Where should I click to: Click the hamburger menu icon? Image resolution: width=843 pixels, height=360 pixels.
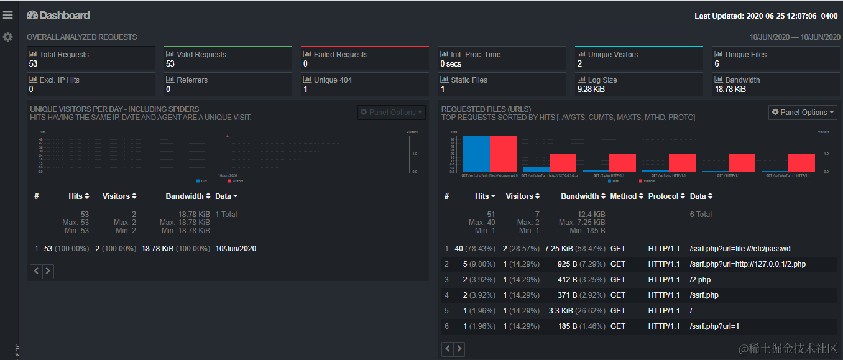(7, 15)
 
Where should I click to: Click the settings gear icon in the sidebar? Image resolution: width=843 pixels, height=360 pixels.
(7, 37)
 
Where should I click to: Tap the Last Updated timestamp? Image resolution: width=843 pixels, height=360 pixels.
(766, 16)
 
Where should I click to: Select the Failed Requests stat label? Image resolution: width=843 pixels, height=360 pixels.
(340, 55)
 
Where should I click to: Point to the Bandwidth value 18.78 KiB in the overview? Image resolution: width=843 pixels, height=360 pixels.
(730, 90)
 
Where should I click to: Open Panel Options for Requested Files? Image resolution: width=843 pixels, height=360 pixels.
(803, 113)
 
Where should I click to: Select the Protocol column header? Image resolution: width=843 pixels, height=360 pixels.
(663, 196)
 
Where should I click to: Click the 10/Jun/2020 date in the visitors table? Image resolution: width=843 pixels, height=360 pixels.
(236, 249)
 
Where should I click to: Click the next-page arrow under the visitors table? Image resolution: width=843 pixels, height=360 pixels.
(48, 271)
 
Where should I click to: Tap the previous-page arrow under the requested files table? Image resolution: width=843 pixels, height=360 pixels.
(448, 349)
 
